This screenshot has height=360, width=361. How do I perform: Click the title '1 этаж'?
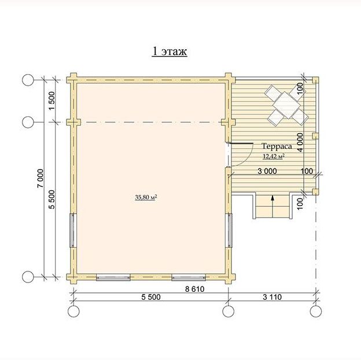click(170, 52)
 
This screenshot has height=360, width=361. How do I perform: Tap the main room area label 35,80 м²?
click(146, 197)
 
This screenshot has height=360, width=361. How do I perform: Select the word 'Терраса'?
click(277, 146)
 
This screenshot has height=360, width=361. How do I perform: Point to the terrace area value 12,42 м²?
click(274, 156)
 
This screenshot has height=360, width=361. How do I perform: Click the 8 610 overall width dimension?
click(195, 289)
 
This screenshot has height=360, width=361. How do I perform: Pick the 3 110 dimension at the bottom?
click(272, 297)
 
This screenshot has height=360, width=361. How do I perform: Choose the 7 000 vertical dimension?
click(40, 178)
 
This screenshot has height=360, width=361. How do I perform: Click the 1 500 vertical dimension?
click(52, 101)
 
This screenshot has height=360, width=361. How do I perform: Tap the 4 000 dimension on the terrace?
click(300, 142)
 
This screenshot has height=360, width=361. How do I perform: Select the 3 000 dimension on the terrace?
click(267, 171)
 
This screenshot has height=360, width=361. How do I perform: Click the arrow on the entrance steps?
click(272, 207)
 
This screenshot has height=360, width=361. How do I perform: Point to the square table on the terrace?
click(286, 105)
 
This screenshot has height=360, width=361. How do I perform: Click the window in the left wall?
click(72, 230)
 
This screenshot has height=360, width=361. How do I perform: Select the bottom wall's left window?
click(113, 277)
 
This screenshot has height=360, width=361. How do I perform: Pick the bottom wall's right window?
click(189, 277)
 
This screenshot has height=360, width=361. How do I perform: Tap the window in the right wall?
click(230, 230)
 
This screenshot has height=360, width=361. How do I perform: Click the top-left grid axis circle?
click(28, 80)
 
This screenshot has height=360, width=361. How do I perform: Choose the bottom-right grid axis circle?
click(316, 311)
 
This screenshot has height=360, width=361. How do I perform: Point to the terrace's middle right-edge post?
click(315, 136)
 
